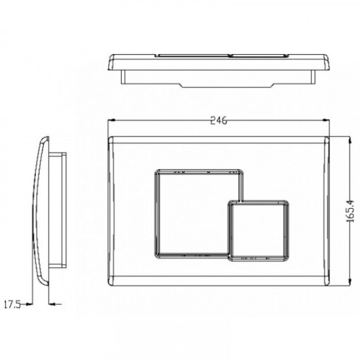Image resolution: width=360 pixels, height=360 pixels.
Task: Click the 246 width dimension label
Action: pyautogui.click(x=218, y=121)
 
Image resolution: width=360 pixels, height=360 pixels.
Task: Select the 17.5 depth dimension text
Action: pyautogui.click(x=12, y=305)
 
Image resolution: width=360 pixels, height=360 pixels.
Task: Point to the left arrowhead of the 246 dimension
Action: pyautogui.click(x=112, y=120)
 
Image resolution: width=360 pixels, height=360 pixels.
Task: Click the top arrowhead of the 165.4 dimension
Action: pyautogui.click(x=350, y=140)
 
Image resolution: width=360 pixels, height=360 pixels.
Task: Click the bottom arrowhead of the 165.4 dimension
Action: pyautogui.click(x=350, y=282)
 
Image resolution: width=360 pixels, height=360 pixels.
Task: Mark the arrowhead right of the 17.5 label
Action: pyautogui.click(x=30, y=305)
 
